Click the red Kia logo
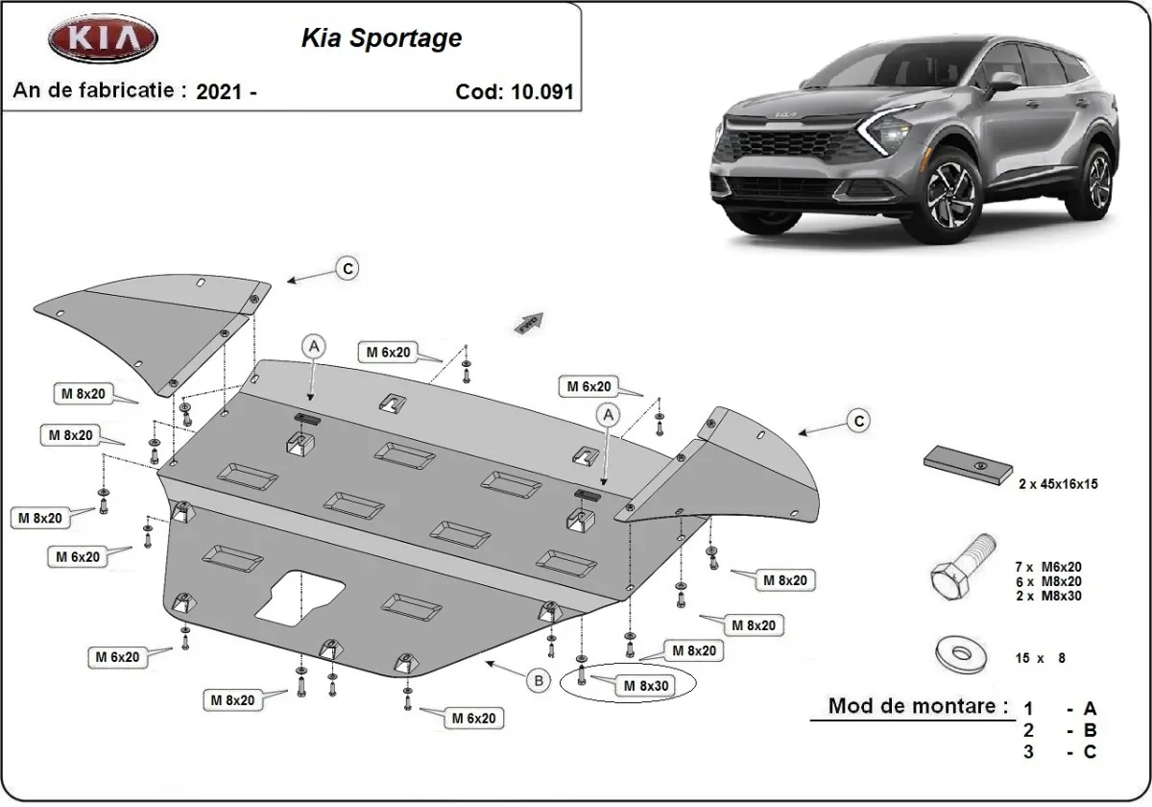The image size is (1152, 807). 103,39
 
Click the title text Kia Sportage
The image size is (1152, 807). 381,37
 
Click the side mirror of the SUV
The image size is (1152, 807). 1004,83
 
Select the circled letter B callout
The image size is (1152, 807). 540,680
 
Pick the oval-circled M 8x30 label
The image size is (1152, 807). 642,686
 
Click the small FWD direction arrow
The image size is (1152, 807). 529,322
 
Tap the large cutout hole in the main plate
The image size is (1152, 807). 300,598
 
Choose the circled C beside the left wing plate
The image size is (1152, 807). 347,269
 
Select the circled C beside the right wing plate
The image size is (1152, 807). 858,420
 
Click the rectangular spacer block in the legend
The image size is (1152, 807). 969,465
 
